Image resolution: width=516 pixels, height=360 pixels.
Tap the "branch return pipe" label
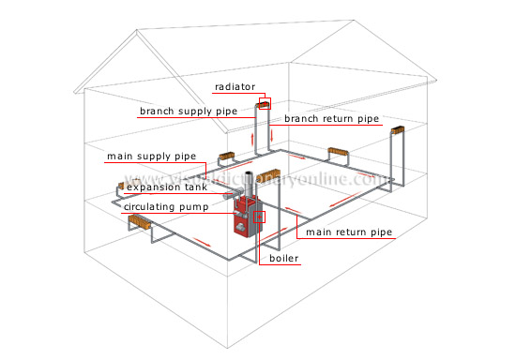[318, 119]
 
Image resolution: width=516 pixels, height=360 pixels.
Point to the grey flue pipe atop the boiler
[247, 183]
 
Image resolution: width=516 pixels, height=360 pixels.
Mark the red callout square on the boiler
[260, 217]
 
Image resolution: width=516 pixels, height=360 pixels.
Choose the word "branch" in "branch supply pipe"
[159, 111]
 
